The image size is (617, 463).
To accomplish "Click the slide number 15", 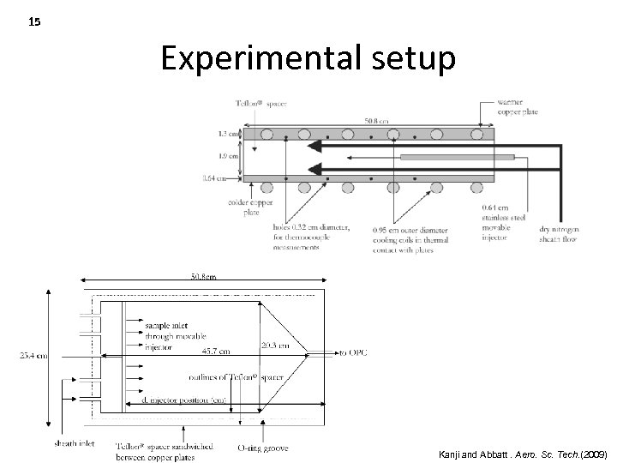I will pos(34,22).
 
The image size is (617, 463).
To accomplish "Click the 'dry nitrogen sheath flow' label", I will pos(532,234).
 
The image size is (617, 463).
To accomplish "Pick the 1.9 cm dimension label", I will pos(228,157).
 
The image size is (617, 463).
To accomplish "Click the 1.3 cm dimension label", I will pos(228,134).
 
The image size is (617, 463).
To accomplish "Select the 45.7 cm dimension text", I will pos(215,351).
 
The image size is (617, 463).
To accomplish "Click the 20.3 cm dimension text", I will pos(276,346).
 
